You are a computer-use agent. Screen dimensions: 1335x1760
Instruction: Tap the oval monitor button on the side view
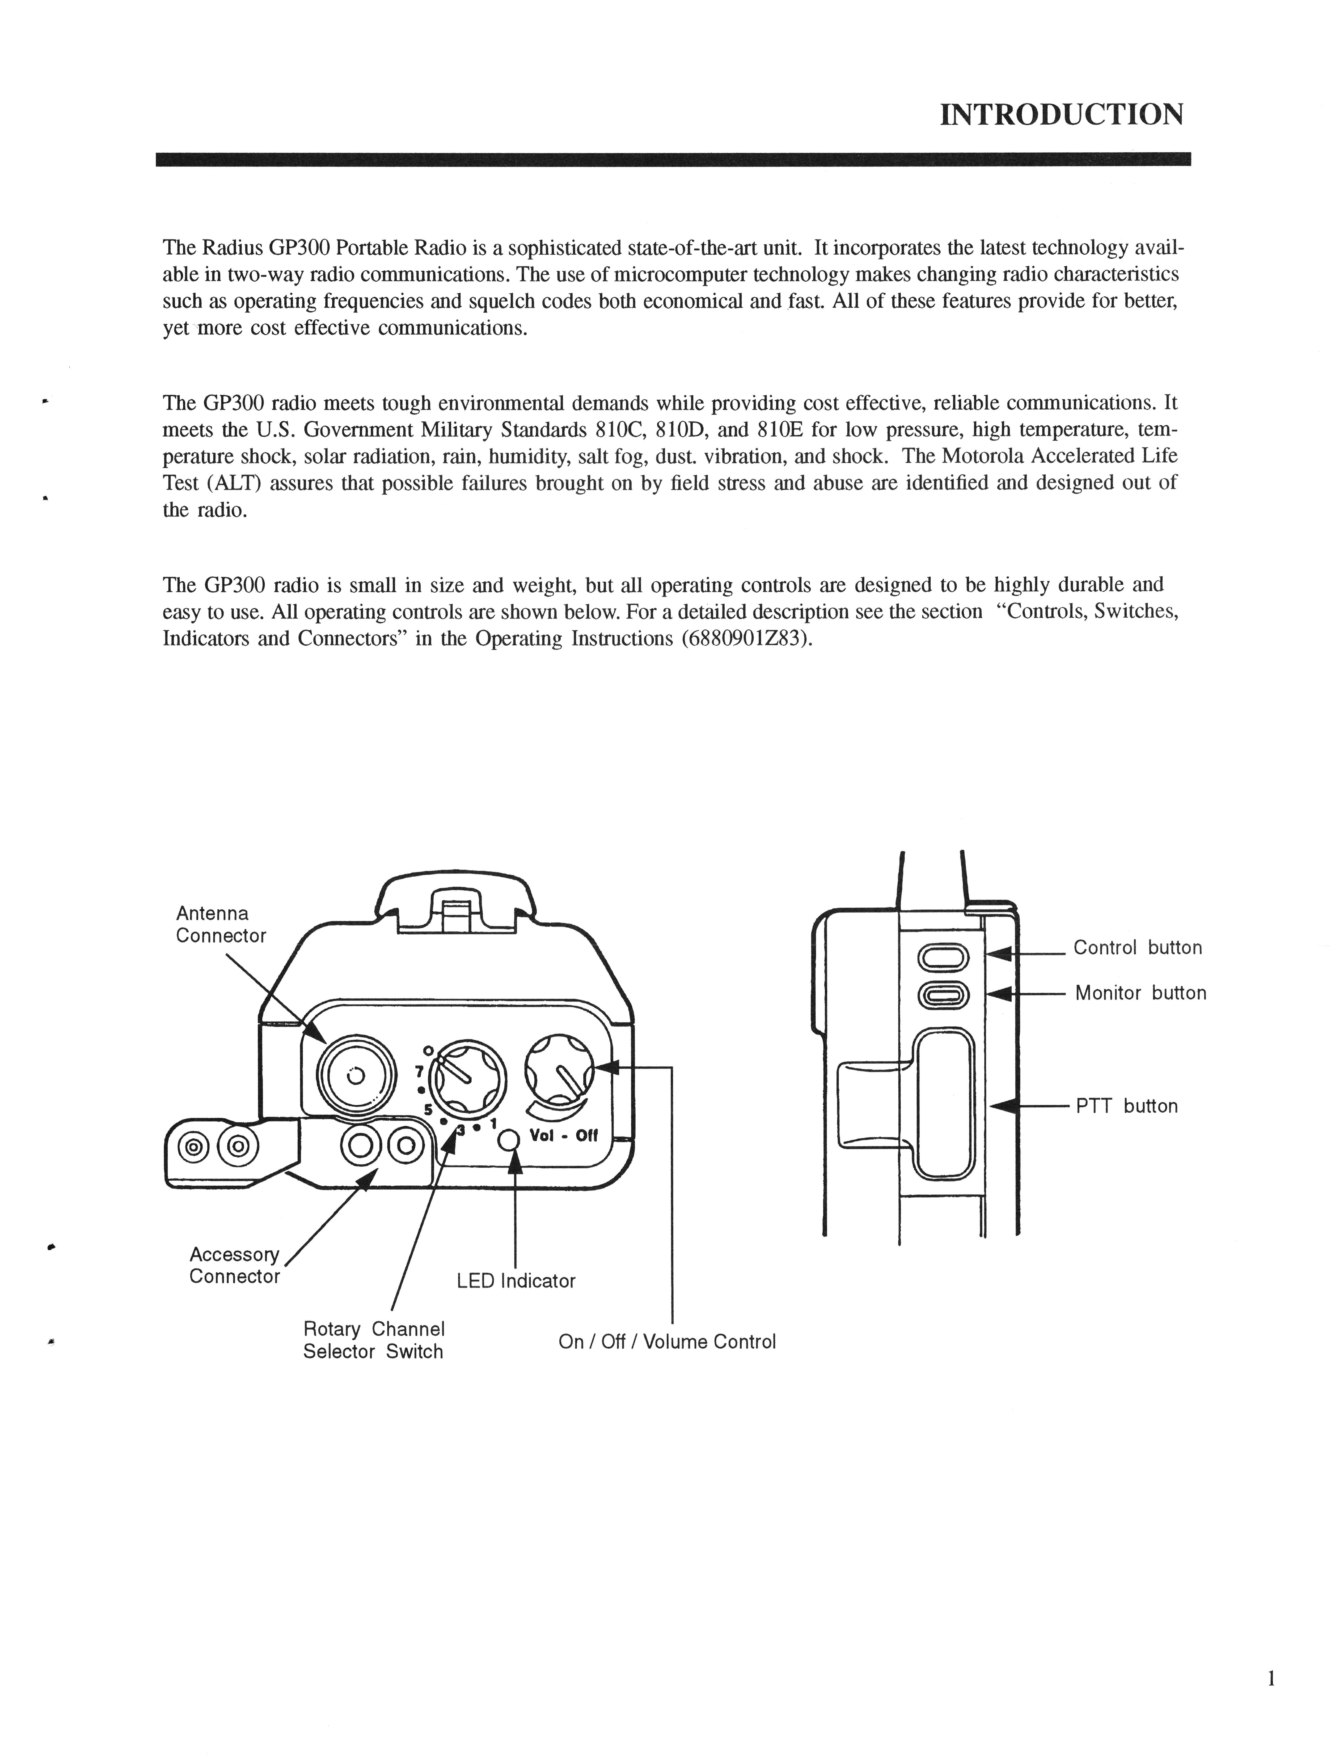click(x=943, y=994)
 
